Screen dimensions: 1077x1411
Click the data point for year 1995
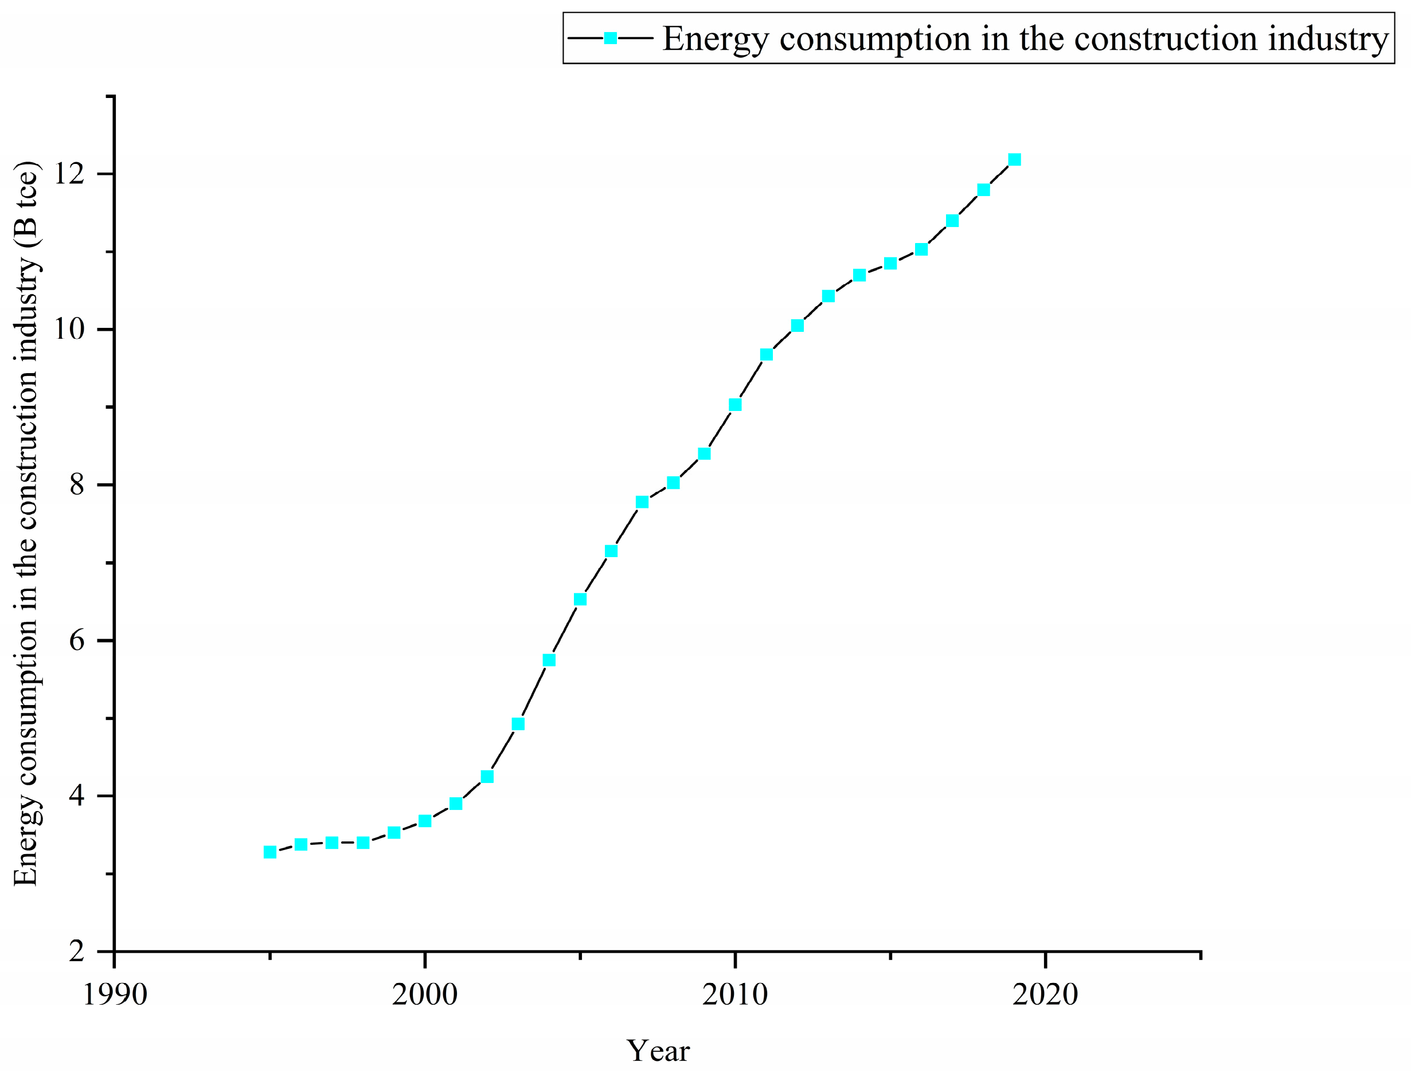(270, 852)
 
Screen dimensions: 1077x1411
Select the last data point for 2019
(1014, 159)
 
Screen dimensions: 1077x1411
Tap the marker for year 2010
(735, 405)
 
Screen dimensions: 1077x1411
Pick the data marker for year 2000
(424, 821)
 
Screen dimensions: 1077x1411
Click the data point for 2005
(580, 600)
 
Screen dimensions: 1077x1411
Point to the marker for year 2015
(890, 264)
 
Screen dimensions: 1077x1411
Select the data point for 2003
(518, 724)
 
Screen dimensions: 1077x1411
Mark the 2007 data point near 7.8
(642, 502)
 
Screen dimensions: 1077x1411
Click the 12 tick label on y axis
(69, 174)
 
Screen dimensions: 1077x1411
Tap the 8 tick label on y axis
(77, 485)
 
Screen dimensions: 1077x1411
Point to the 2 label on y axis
(77, 951)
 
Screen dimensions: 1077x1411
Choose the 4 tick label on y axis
(77, 796)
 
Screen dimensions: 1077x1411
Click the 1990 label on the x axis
(115, 994)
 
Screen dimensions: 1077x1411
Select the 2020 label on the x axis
(1045, 994)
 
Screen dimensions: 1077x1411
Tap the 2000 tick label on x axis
(424, 994)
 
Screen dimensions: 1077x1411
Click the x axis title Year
(658, 1051)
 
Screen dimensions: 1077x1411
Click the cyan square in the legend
(610, 38)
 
